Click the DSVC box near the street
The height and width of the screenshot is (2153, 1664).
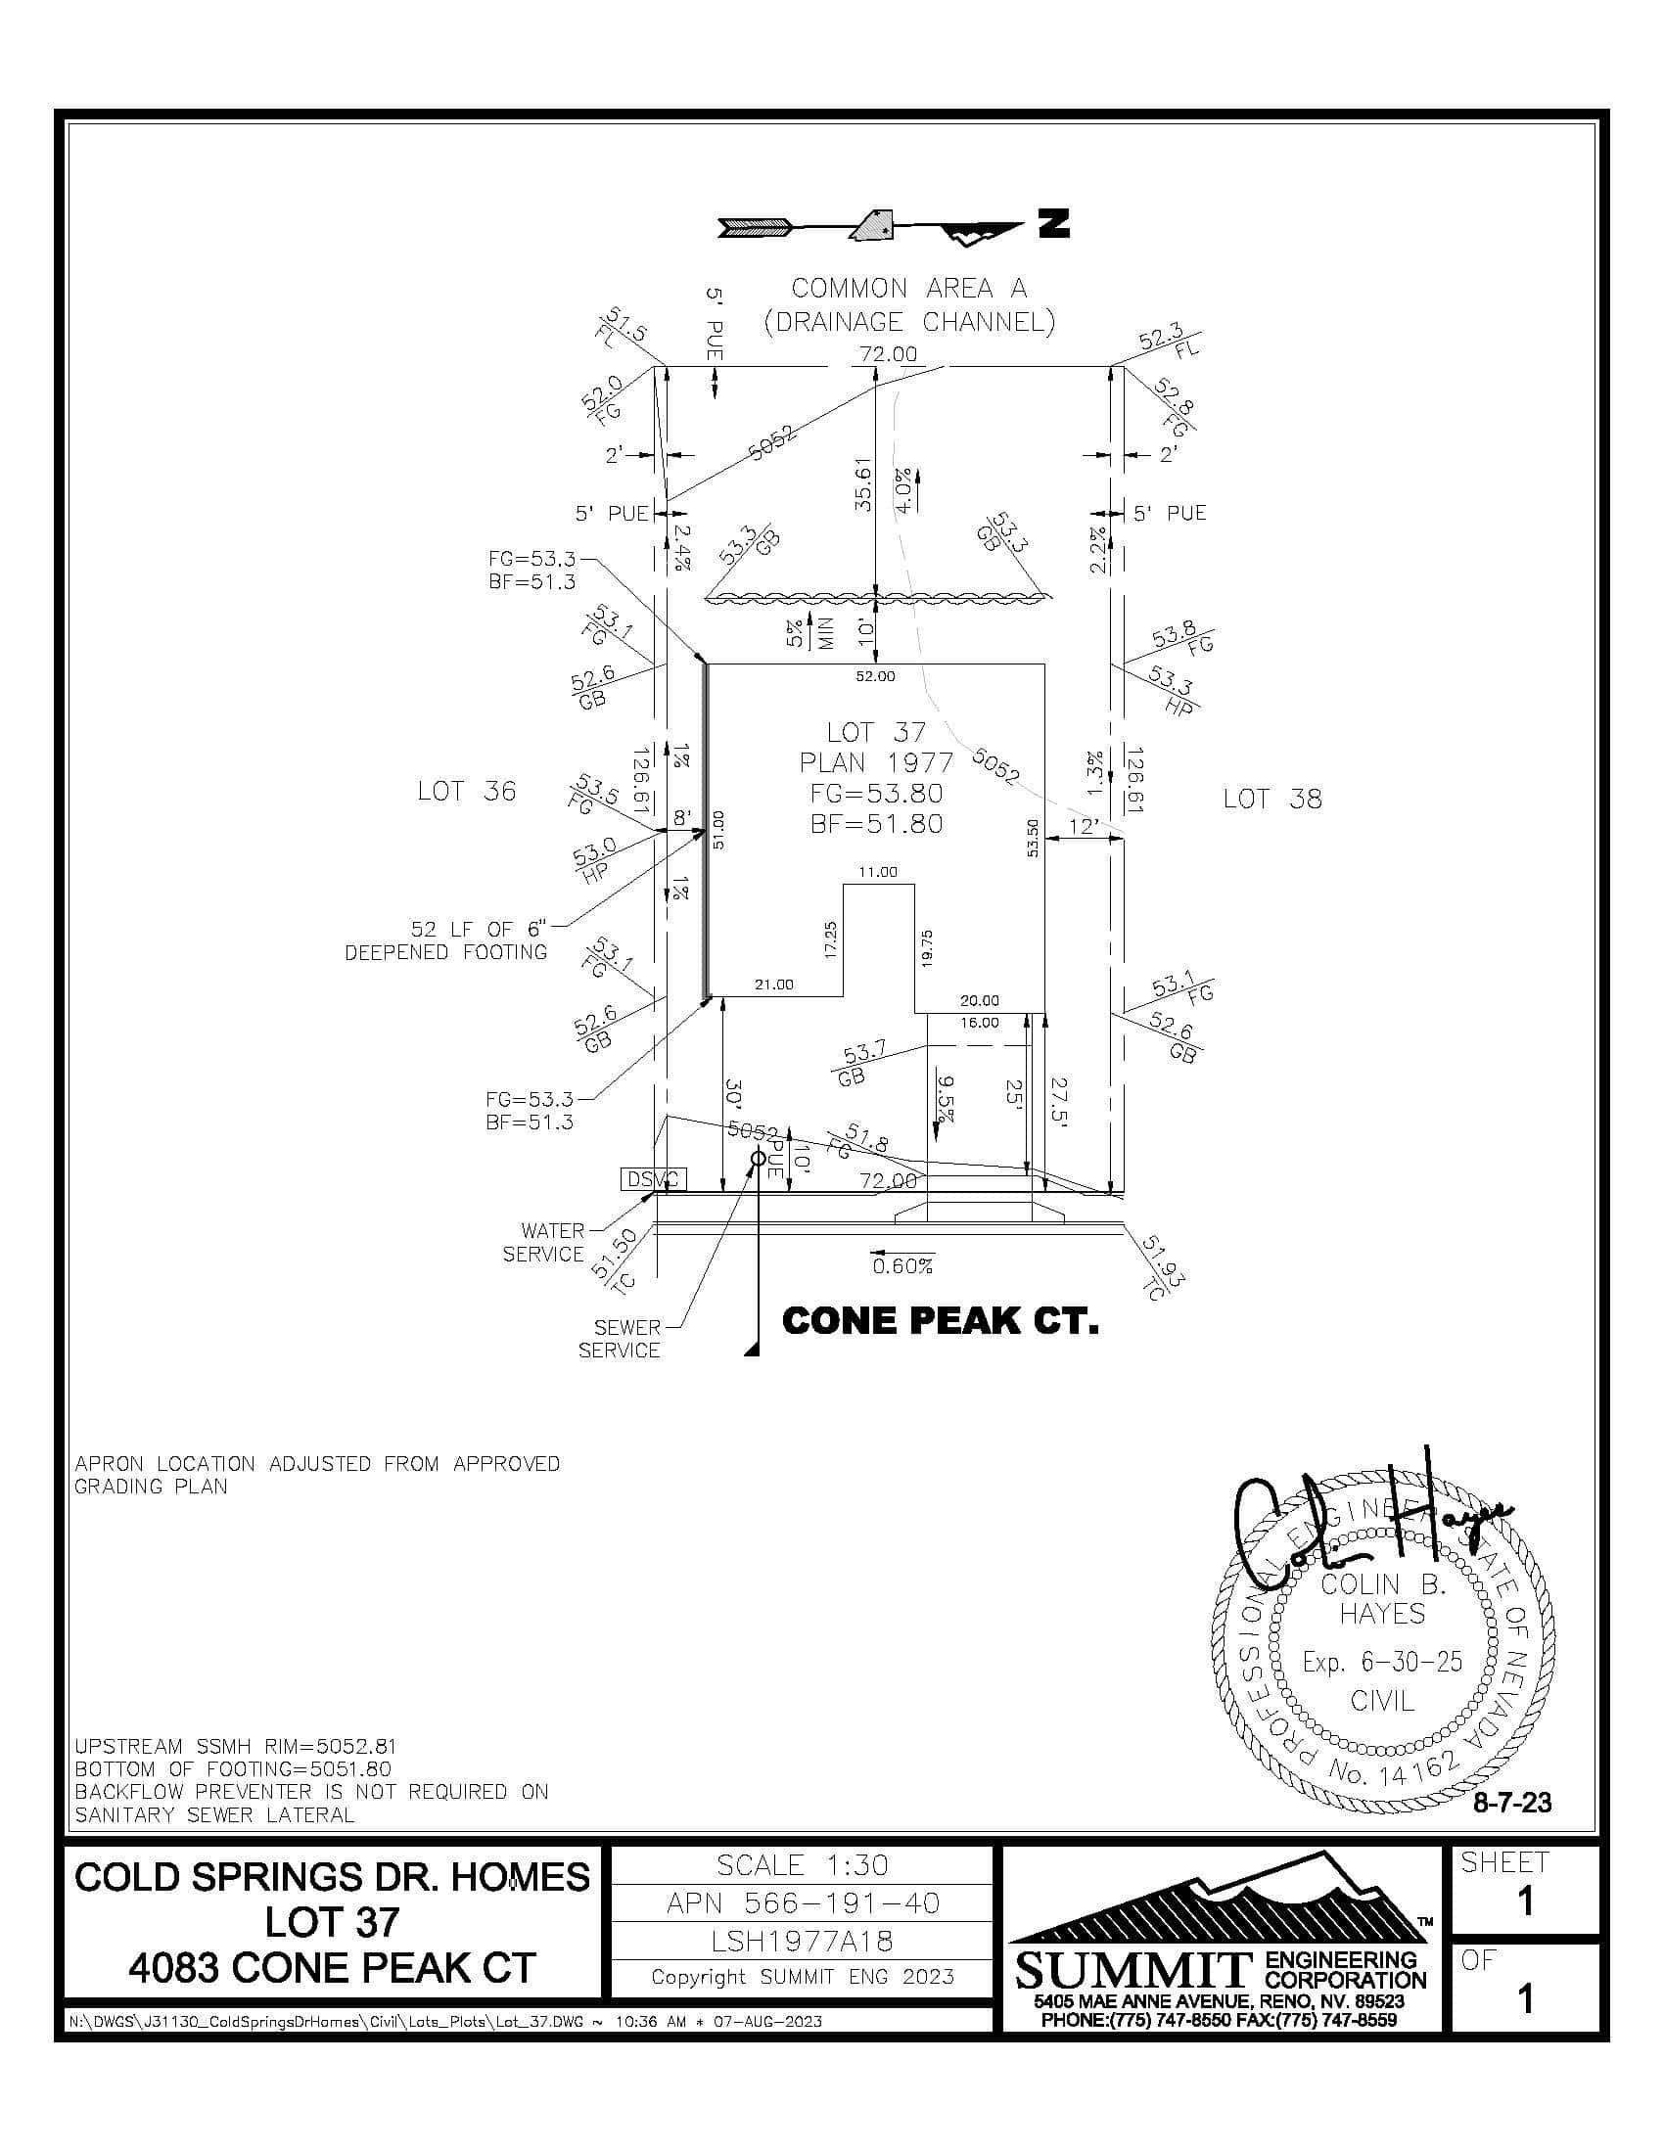click(653, 1179)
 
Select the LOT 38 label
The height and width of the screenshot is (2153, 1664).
click(1271, 799)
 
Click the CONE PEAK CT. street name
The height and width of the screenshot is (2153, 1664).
click(940, 1322)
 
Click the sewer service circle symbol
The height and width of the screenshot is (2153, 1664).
click(758, 1159)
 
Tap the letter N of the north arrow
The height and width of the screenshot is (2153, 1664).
click(1054, 225)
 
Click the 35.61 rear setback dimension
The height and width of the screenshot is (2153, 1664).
click(862, 483)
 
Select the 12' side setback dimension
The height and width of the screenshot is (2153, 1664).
click(1084, 826)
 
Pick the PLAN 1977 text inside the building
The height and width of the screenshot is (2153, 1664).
click(876, 763)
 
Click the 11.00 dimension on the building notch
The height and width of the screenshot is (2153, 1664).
click(877, 872)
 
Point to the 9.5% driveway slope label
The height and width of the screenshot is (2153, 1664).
click(946, 1098)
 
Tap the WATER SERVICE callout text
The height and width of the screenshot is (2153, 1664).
click(543, 1242)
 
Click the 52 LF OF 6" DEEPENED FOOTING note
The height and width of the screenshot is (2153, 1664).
click(446, 940)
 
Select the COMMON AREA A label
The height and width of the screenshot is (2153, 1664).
click(909, 289)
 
